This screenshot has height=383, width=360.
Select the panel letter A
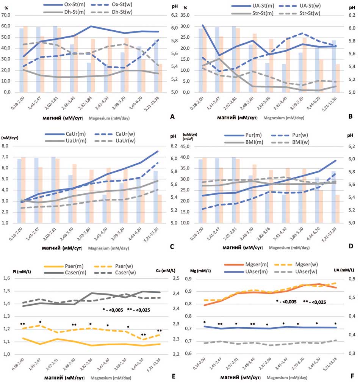click(173, 117)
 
